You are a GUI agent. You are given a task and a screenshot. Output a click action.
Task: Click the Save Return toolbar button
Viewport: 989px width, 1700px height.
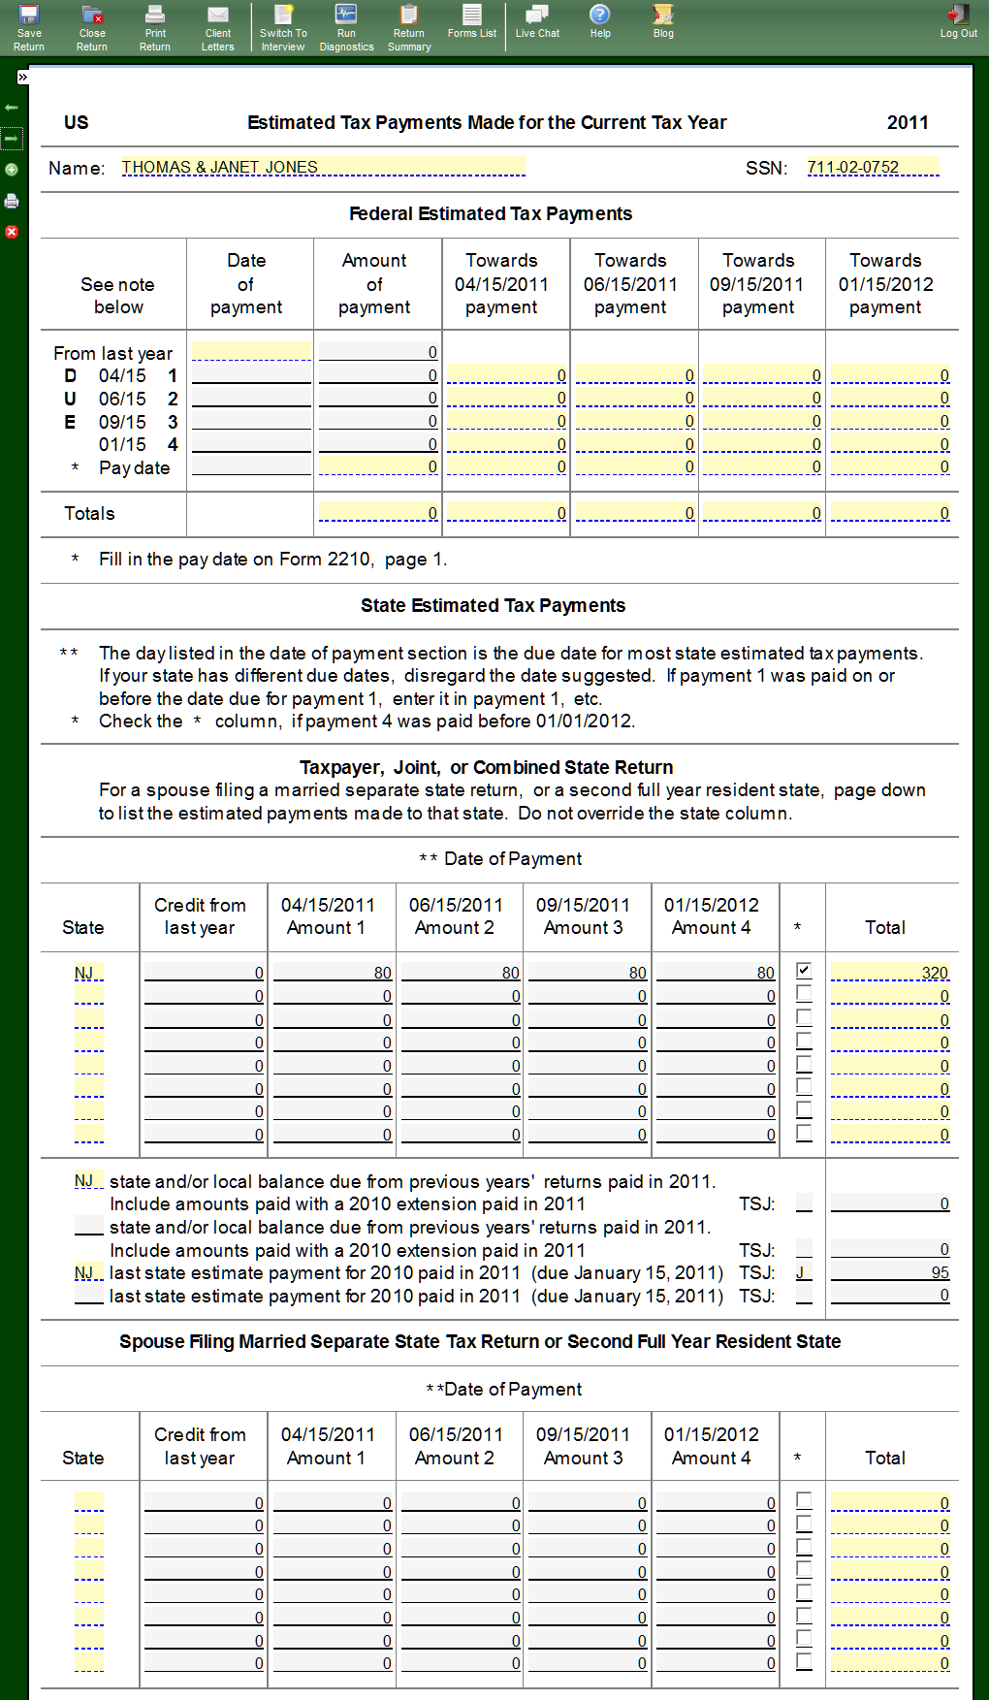click(29, 26)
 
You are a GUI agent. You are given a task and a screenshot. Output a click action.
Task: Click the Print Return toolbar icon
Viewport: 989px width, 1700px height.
click(155, 26)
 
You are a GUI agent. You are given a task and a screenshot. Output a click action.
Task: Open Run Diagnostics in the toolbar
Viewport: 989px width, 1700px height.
click(346, 26)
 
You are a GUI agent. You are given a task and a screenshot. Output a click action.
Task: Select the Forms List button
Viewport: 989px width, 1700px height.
click(472, 21)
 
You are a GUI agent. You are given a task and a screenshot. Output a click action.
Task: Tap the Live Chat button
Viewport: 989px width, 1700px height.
click(537, 21)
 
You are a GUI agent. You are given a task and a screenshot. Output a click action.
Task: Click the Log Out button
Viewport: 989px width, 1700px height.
click(958, 21)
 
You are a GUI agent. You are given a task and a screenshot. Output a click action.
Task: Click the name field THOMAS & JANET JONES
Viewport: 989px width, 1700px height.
click(323, 167)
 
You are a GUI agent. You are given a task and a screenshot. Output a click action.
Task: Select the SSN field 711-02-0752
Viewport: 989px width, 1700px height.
click(872, 167)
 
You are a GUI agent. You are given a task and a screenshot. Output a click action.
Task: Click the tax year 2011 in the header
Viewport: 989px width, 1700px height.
click(908, 122)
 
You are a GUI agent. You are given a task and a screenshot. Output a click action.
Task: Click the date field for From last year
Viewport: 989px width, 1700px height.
click(251, 352)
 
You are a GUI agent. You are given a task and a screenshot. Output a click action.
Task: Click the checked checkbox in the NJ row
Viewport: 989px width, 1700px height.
click(804, 970)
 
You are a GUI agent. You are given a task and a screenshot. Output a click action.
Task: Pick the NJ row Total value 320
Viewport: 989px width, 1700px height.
click(890, 973)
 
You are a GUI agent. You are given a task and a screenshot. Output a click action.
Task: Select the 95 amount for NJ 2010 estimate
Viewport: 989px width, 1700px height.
click(890, 1272)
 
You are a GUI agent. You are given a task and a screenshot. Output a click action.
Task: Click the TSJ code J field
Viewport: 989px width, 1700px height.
click(804, 1272)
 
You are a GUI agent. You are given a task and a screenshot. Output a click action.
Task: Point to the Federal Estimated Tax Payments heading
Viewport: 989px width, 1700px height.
click(491, 213)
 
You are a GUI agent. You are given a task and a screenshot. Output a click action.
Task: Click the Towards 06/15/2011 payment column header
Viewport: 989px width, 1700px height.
click(630, 283)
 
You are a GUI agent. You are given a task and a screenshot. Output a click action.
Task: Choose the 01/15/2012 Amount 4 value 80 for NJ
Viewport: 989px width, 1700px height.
click(716, 973)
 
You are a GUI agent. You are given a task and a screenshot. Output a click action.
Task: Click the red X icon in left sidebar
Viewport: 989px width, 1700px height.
click(12, 232)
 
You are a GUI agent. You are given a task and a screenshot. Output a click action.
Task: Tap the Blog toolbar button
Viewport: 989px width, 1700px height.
click(663, 21)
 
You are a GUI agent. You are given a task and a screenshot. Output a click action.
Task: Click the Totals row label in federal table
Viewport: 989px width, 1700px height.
click(89, 513)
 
